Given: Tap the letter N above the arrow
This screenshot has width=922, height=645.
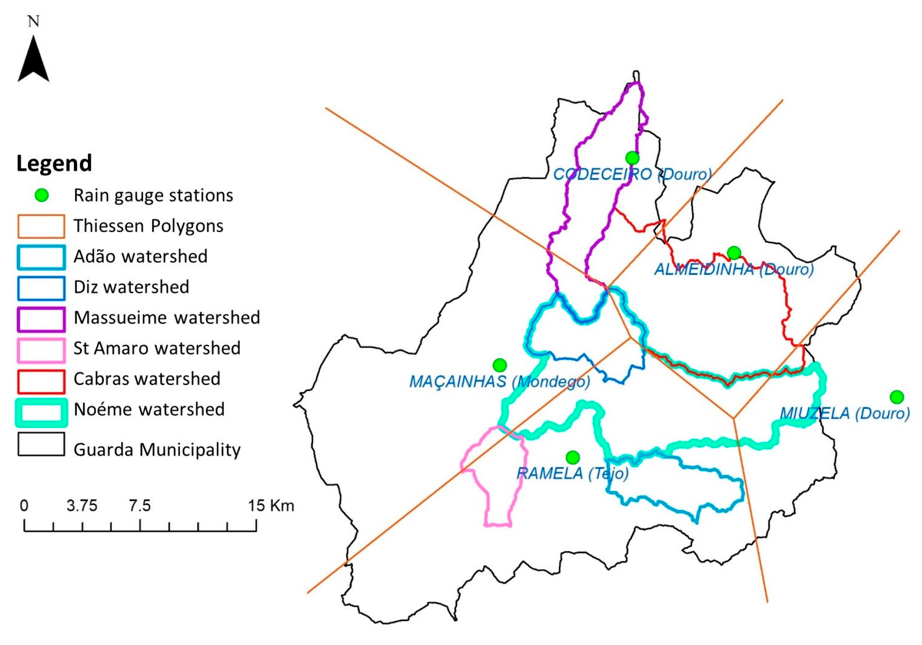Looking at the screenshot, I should [34, 22].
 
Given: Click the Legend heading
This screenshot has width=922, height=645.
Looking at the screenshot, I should [54, 163].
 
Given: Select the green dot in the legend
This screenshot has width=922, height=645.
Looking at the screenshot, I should [41, 195].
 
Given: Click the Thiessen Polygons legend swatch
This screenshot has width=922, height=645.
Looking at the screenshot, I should [41, 226].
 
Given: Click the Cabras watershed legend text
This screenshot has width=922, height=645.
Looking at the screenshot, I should [147, 379].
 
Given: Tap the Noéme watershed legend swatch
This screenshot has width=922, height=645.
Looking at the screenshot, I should [41, 412].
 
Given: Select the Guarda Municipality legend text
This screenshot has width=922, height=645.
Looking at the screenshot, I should [157, 450].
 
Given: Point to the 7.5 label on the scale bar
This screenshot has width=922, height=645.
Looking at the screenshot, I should [139, 505].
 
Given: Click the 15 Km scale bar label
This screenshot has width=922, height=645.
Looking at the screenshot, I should [271, 505].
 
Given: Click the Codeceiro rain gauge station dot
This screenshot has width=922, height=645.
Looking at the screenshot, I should [632, 158].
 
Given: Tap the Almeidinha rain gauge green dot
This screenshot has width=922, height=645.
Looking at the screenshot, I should [734, 253].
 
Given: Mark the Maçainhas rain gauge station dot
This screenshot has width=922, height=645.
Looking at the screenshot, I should [499, 365].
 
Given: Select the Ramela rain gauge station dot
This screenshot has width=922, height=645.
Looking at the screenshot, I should [572, 457].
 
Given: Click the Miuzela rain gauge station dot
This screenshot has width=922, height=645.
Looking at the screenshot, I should [897, 397].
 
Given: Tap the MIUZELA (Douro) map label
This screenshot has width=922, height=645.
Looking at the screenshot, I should [845, 413].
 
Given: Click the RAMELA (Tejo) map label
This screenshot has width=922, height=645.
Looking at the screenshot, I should [572, 473].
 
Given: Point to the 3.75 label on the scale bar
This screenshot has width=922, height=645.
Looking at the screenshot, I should [82, 505].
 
